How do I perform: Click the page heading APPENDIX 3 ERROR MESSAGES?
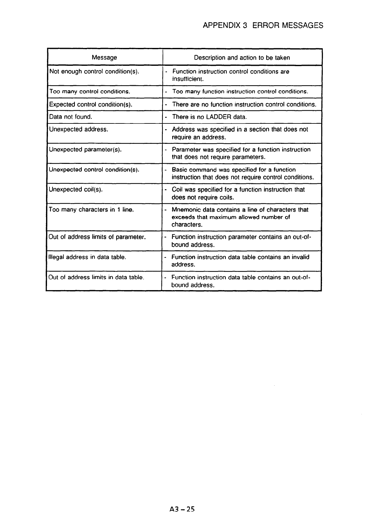tap(263, 25)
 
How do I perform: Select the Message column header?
tap(104, 58)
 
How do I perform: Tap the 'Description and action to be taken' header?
tap(242, 58)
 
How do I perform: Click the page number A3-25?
tap(182, 509)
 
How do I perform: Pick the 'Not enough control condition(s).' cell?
tap(94, 71)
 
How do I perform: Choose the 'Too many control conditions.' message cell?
tap(90, 92)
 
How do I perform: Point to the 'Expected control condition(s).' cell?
tap(91, 104)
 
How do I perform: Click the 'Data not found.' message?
tap(70, 117)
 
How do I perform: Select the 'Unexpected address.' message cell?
tap(79, 129)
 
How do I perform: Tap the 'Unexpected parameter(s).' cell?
tap(85, 149)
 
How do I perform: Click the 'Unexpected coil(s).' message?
tap(76, 190)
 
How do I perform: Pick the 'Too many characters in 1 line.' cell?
tap(91, 210)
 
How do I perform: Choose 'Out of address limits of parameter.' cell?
tap(97, 237)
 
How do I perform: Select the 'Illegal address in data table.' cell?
tap(87, 257)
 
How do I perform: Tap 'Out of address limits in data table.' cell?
tap(96, 277)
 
